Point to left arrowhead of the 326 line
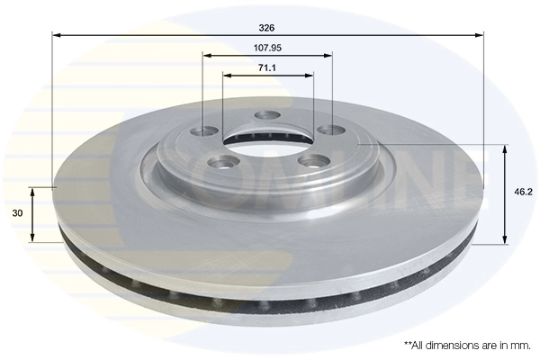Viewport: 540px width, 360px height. [x=56, y=35]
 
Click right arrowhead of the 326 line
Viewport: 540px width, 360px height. [x=481, y=35]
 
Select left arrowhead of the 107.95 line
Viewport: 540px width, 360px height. [x=206, y=54]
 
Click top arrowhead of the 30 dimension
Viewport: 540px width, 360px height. [x=33, y=191]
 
